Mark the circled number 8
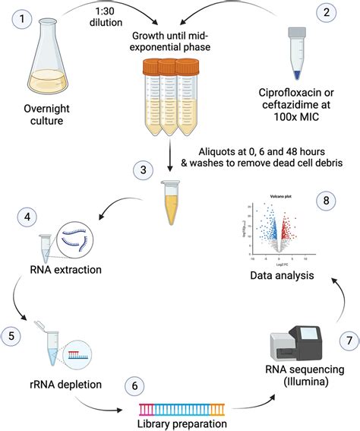coord(328,201)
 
